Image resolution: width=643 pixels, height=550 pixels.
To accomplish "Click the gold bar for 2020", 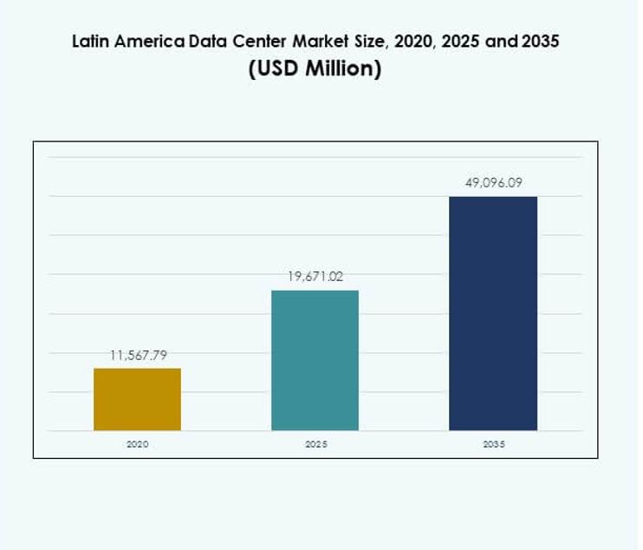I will [x=137, y=399].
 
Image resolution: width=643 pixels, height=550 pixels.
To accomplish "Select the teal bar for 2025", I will [x=315, y=360].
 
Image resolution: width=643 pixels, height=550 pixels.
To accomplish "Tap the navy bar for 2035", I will [x=492, y=313].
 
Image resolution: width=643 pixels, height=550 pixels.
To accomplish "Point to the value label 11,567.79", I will [x=138, y=355].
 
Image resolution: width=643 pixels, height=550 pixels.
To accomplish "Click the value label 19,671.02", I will [x=315, y=277].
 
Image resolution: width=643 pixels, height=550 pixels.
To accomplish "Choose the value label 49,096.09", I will [x=493, y=183].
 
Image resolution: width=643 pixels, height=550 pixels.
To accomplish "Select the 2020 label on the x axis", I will [x=137, y=443].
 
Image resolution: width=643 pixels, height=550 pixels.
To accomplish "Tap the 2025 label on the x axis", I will [x=315, y=443].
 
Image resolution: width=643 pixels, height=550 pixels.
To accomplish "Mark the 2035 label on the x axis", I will [x=492, y=443].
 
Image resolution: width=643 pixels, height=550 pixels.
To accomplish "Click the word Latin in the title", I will [x=90, y=42].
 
